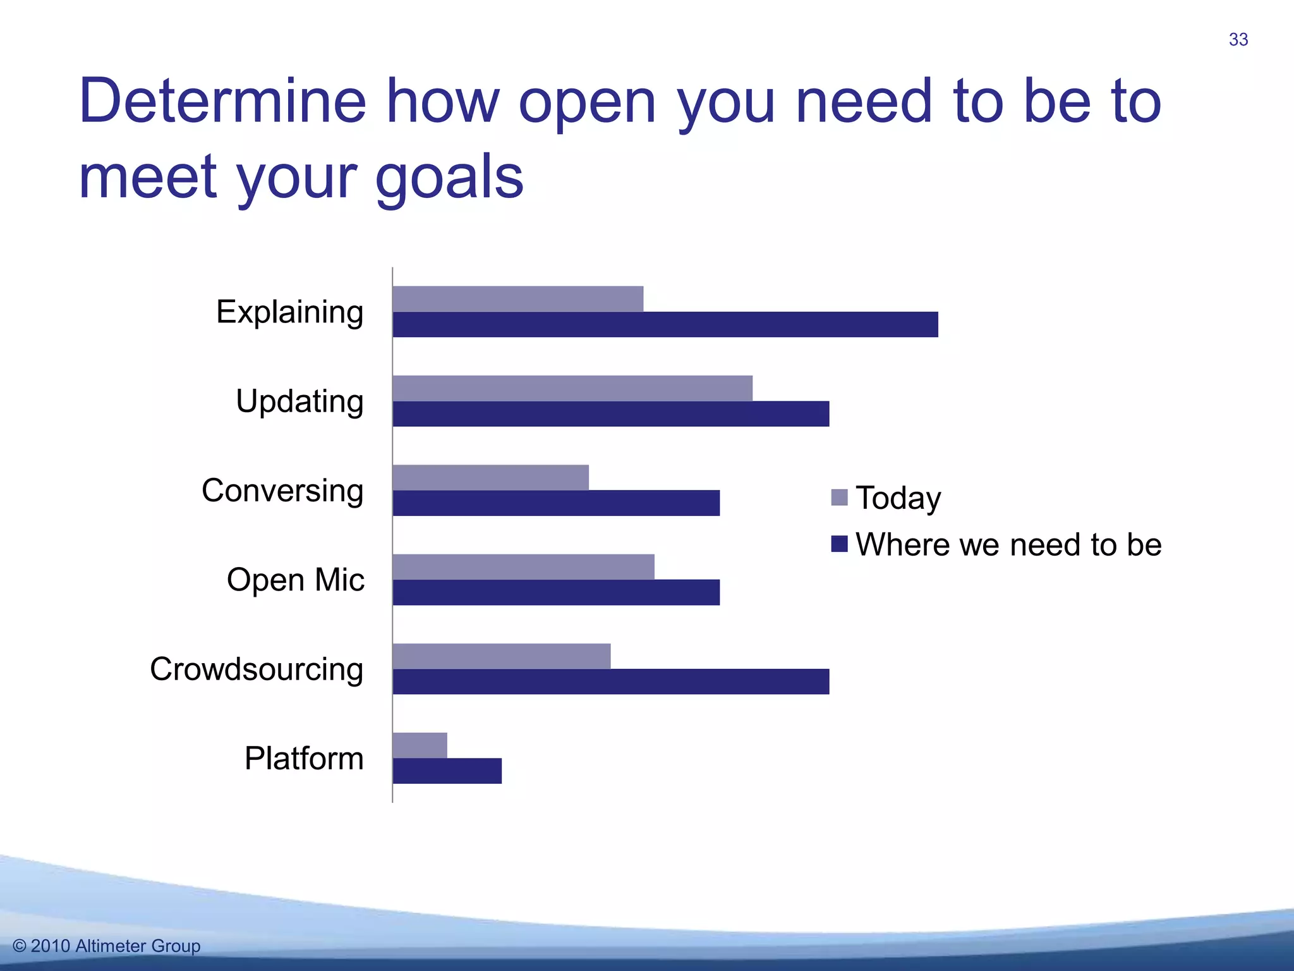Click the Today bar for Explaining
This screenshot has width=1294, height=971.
coord(518,299)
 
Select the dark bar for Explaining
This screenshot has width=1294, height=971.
coord(665,324)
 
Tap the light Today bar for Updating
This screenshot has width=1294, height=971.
coord(572,388)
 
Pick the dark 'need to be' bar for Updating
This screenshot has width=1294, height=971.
coord(611,413)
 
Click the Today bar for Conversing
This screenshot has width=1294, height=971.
coord(491,477)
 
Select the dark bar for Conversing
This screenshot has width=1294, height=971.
coord(556,503)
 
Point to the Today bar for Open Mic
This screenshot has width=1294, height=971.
coord(524,567)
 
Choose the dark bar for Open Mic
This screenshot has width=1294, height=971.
coord(556,592)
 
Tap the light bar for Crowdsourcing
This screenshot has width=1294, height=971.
coord(502,656)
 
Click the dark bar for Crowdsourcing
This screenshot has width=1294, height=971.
coord(611,681)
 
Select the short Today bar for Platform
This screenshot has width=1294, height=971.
coord(420,745)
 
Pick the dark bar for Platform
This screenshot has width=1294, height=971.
coord(447,771)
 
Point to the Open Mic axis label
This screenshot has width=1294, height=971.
coord(296,580)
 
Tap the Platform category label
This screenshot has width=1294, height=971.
coord(304,758)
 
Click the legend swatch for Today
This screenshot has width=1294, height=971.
coord(839,498)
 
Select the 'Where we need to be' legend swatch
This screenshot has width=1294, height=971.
coord(839,544)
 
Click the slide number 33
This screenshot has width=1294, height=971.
coord(1238,40)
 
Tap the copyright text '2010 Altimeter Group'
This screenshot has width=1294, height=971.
coord(115,946)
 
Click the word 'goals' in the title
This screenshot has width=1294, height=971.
coord(449,178)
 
